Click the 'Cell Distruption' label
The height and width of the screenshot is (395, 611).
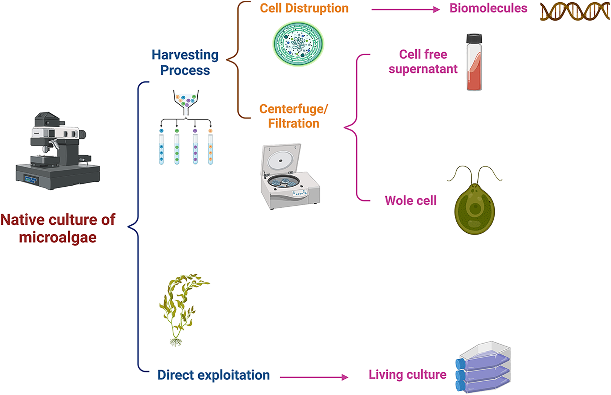304,8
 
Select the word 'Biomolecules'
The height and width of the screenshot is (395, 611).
488,8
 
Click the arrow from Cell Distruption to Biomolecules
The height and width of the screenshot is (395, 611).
405,10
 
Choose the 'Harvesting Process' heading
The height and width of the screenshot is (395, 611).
185,62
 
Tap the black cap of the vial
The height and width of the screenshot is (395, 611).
474,38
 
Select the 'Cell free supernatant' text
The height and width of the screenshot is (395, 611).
423,62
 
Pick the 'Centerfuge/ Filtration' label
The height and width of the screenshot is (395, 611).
293,116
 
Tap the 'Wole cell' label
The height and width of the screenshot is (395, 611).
411,201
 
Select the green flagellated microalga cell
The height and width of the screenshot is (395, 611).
475,208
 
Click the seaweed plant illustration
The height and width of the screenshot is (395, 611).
181,309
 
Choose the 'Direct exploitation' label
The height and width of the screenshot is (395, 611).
214,375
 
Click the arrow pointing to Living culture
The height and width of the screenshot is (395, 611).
314,377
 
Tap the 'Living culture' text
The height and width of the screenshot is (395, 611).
407,375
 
